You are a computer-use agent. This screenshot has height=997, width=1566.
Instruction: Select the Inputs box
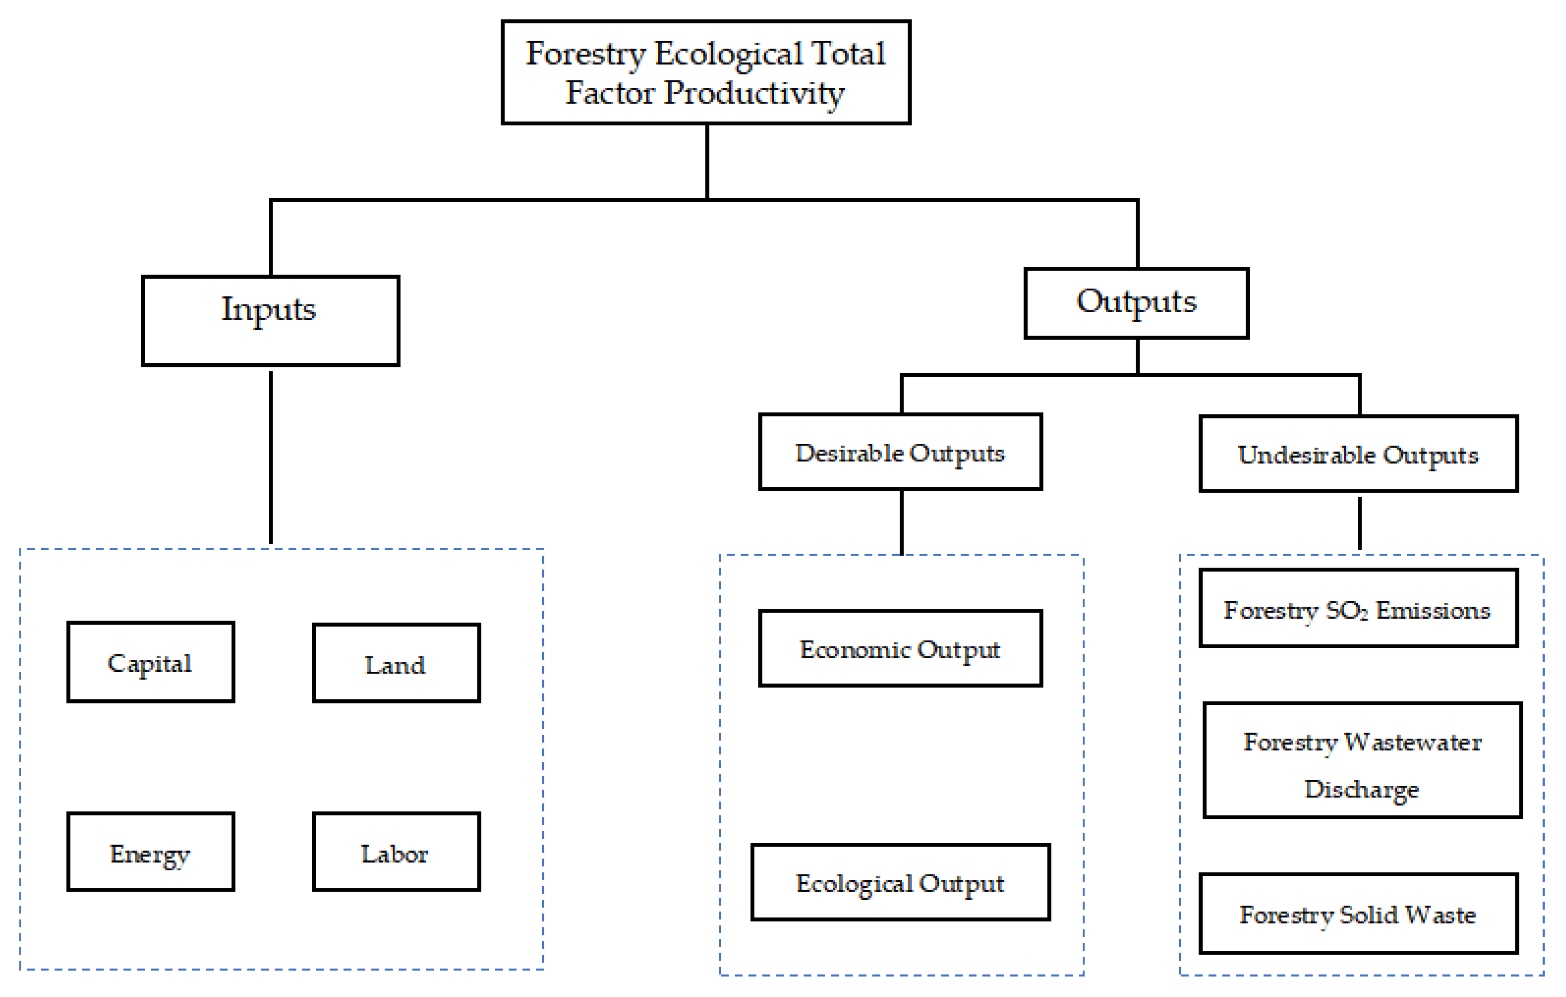(x=271, y=321)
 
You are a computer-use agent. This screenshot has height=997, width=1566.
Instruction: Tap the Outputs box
(x=1136, y=303)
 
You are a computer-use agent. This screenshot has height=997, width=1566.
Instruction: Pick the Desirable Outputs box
(x=901, y=451)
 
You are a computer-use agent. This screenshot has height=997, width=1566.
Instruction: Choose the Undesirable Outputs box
(x=1359, y=454)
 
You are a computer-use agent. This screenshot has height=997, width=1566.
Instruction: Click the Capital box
(x=150, y=662)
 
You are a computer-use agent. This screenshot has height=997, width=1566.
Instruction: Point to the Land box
(x=396, y=663)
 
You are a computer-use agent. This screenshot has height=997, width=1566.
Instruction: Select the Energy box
(x=150, y=851)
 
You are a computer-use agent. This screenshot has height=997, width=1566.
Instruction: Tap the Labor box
(x=396, y=851)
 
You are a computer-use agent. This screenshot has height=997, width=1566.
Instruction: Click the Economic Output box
(x=901, y=648)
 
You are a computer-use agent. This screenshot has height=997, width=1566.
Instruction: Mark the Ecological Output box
(x=901, y=882)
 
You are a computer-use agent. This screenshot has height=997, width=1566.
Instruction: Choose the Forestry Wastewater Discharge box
(x=1362, y=760)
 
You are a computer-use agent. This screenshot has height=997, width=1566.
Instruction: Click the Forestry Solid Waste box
(x=1359, y=914)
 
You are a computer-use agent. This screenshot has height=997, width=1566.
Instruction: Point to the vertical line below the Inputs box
(x=271, y=455)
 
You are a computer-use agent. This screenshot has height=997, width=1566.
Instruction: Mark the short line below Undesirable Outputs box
(x=1359, y=523)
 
